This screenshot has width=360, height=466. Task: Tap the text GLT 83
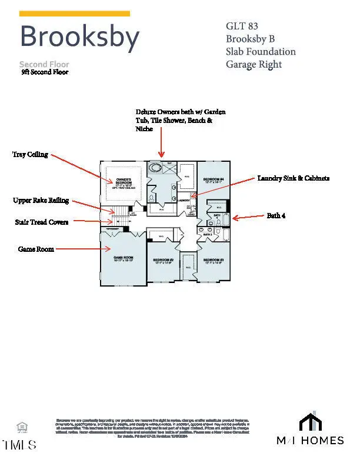pos(242,26)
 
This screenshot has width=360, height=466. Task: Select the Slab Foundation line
pos(261,51)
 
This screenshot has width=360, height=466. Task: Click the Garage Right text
pos(254,64)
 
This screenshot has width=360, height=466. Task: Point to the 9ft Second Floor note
pos(45,72)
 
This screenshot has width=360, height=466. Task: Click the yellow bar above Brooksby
pos(75,14)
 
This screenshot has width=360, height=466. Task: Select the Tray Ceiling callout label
pos(30,154)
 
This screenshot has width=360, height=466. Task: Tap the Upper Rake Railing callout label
pos(41,201)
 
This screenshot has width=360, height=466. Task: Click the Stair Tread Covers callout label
pos(41,222)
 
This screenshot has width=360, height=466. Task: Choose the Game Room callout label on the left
pos(36,249)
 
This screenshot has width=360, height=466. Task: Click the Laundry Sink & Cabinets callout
pos(293,178)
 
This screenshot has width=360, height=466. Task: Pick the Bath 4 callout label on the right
pos(276,216)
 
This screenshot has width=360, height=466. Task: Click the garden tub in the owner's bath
pos(156,168)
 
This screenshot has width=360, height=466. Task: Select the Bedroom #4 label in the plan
pos(214,180)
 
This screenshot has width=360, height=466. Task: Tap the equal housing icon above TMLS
pos(22,427)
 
